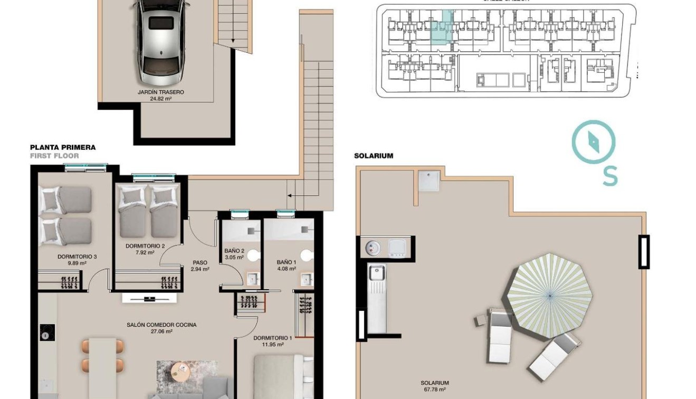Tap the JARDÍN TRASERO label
161,92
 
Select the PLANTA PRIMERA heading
63,148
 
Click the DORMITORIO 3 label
77,257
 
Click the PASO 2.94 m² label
200,265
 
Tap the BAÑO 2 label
234,251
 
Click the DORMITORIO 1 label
272,338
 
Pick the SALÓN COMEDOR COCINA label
161,325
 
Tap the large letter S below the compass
610,176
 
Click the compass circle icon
594,141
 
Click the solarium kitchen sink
377,273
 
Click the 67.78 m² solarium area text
435,390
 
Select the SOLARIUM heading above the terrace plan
374,156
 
